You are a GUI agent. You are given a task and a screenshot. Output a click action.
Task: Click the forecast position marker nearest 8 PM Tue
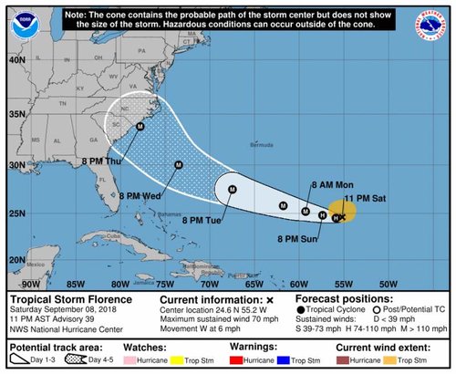point(232,190)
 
